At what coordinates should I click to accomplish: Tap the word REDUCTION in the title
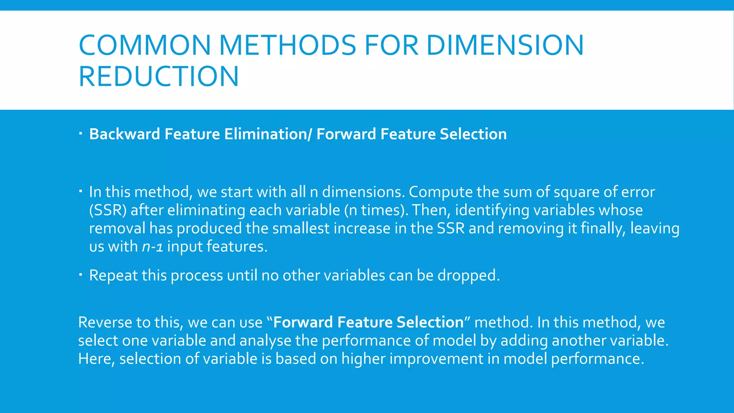click(x=158, y=76)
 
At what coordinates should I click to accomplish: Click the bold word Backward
click(x=124, y=134)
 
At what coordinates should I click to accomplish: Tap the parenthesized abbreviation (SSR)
click(x=108, y=210)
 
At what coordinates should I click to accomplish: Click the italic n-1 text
click(x=153, y=247)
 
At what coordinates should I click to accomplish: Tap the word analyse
click(x=265, y=341)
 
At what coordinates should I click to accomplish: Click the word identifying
click(x=492, y=210)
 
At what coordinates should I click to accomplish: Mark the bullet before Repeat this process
click(x=81, y=275)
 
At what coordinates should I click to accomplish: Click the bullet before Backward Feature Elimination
click(x=81, y=134)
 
